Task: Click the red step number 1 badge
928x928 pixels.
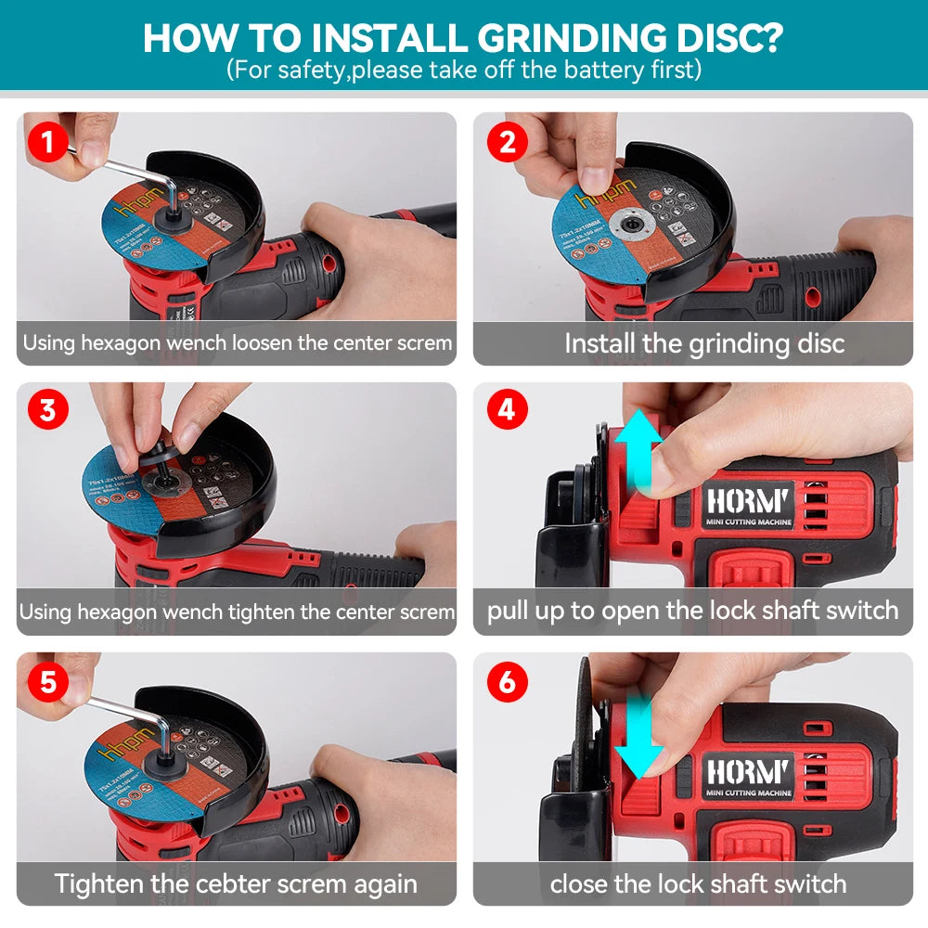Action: [x=47, y=144]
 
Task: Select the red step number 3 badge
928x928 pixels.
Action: [x=47, y=411]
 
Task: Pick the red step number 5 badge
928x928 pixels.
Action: [x=47, y=684]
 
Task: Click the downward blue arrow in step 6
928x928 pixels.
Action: [x=640, y=738]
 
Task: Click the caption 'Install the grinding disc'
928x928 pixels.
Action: [x=704, y=343]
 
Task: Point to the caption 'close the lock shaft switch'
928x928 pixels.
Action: [x=698, y=883]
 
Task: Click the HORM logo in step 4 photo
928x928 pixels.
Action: [x=747, y=501]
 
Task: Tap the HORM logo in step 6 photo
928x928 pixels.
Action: [x=747, y=771]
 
